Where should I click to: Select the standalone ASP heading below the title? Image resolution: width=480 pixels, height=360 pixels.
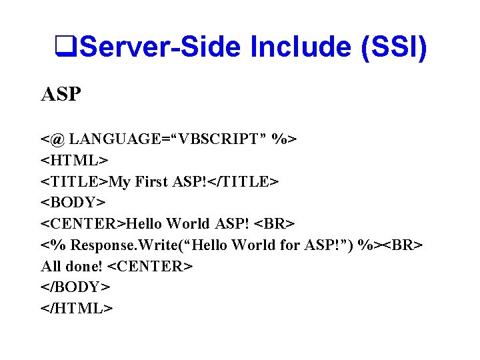point(61,95)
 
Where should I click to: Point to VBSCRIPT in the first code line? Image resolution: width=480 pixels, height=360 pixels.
point(217,139)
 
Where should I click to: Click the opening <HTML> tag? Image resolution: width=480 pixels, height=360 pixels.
point(74,161)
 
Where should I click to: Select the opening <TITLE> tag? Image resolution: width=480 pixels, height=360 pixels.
point(75,181)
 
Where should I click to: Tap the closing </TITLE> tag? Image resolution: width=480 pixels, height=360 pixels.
point(242,181)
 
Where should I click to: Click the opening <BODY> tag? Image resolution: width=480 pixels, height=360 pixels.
point(73,203)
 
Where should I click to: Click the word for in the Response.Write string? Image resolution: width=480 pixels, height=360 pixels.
point(290,245)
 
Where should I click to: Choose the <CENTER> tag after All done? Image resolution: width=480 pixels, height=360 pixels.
point(150,266)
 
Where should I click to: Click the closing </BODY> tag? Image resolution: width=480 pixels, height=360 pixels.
point(75,287)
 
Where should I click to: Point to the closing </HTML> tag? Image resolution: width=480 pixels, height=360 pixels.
point(77,308)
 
